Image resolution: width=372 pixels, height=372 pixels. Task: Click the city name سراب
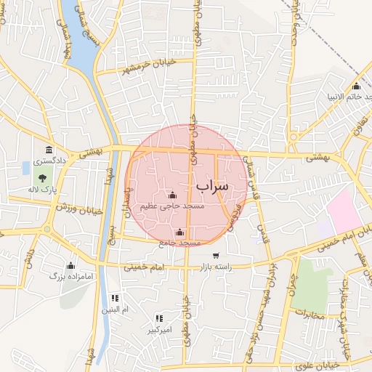[211, 186]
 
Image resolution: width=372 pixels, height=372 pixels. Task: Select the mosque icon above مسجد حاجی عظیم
[172, 195]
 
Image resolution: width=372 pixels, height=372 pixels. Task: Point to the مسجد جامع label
[179, 243]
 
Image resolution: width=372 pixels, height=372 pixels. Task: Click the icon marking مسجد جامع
[179, 232]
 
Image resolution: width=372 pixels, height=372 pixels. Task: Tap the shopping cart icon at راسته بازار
[216, 256]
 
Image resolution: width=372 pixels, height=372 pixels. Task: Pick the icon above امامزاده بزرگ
[70, 265]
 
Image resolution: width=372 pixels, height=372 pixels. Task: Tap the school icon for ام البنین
[115, 298]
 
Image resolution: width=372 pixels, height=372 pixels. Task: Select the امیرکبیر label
[159, 330]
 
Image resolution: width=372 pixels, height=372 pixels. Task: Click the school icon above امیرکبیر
[159, 318]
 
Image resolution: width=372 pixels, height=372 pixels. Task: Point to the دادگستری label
[51, 159]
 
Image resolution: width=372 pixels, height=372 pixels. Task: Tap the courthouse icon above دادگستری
[50, 149]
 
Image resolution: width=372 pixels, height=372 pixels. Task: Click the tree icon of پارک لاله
[43, 177]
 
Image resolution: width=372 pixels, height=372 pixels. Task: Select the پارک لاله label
[44, 189]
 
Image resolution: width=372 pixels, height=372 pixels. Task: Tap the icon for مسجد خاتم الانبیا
[355, 86]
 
